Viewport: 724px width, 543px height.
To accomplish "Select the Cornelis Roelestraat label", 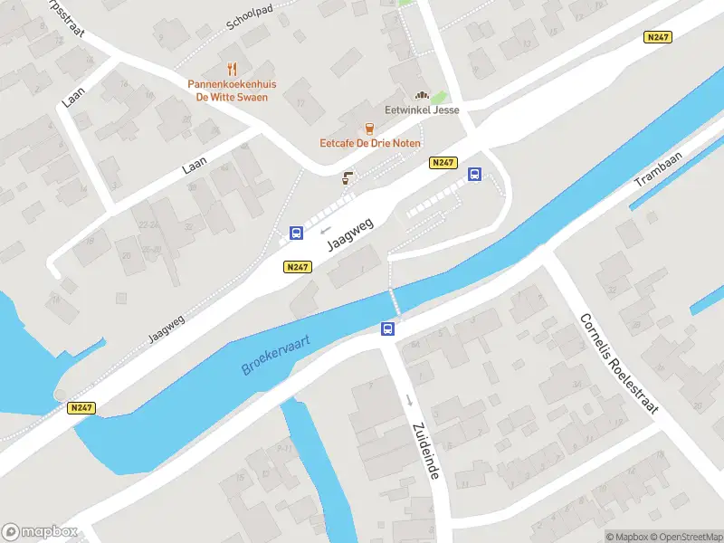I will point(621,361).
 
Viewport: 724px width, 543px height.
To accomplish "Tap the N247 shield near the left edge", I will point(81,408).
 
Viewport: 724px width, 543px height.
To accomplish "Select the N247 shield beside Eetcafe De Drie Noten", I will point(442,162).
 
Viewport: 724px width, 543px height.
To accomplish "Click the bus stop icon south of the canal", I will point(388,329).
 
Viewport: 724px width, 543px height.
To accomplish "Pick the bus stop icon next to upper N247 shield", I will point(474,175).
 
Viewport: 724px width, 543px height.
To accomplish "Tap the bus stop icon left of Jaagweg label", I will point(296,233).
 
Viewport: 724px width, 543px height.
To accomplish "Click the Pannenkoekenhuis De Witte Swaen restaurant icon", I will point(233,69).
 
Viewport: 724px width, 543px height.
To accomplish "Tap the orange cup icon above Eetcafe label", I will point(368,129).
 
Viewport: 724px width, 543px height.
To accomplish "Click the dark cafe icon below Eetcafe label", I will point(346,178).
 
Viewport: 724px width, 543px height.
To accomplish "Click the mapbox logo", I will point(40,532).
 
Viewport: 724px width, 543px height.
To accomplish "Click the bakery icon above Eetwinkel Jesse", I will point(421,95).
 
